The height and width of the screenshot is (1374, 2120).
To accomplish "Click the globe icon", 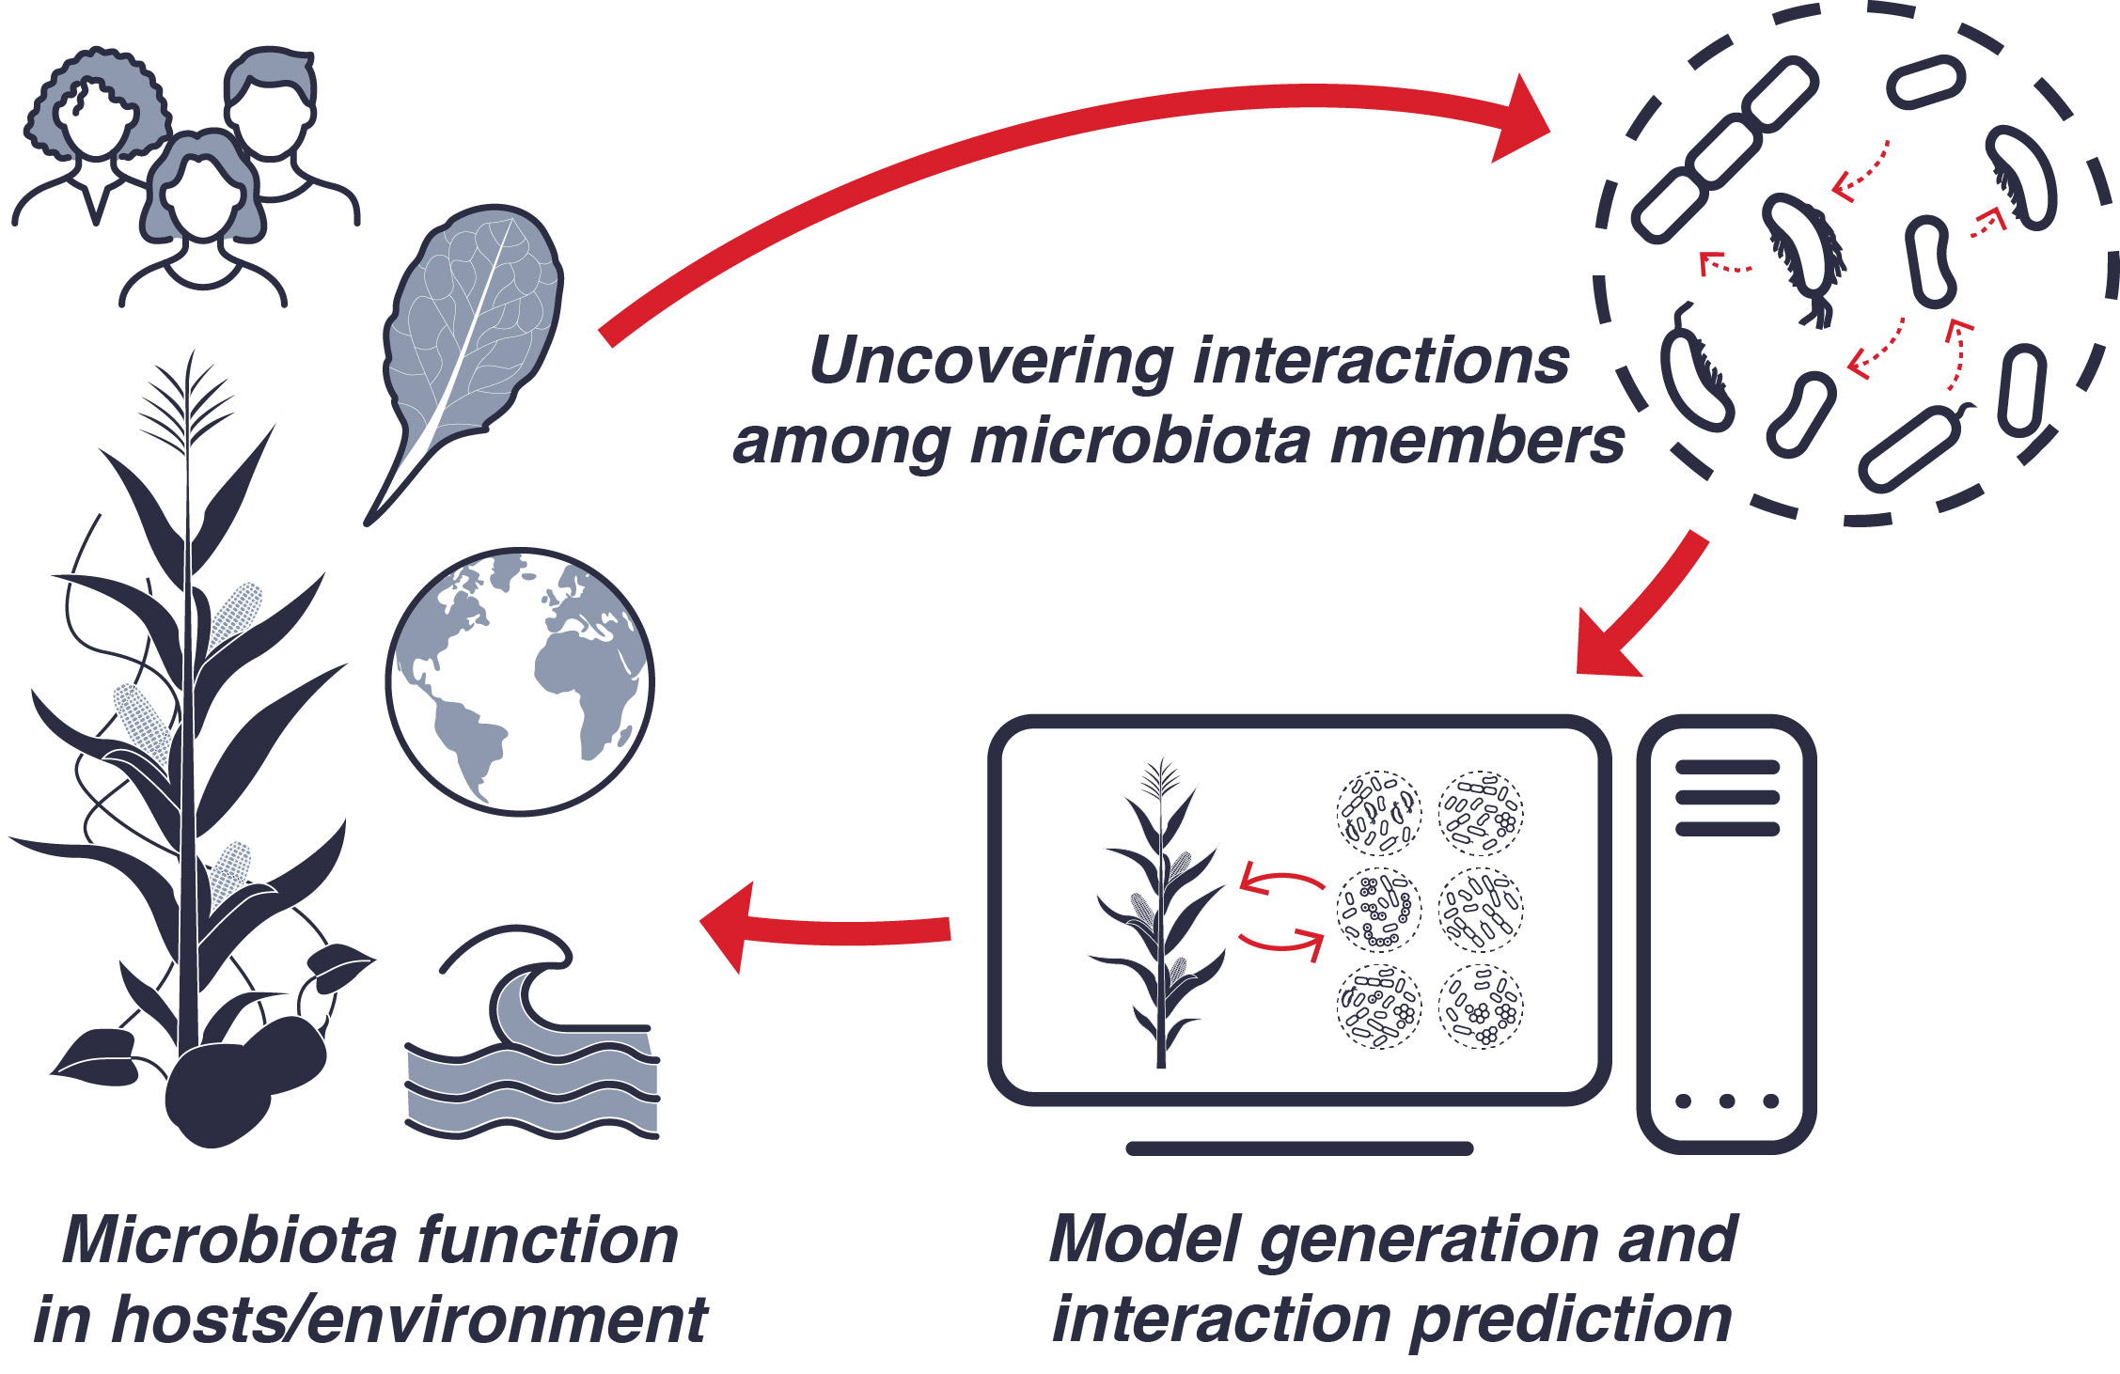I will tap(519, 681).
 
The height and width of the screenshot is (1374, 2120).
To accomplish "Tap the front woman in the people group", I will tap(202, 216).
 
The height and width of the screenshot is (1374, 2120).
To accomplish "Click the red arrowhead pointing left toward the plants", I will tap(729, 927).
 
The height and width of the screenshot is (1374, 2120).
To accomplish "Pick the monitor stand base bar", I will tap(1299, 1148).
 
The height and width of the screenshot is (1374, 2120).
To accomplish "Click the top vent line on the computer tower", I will tap(1727, 768).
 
